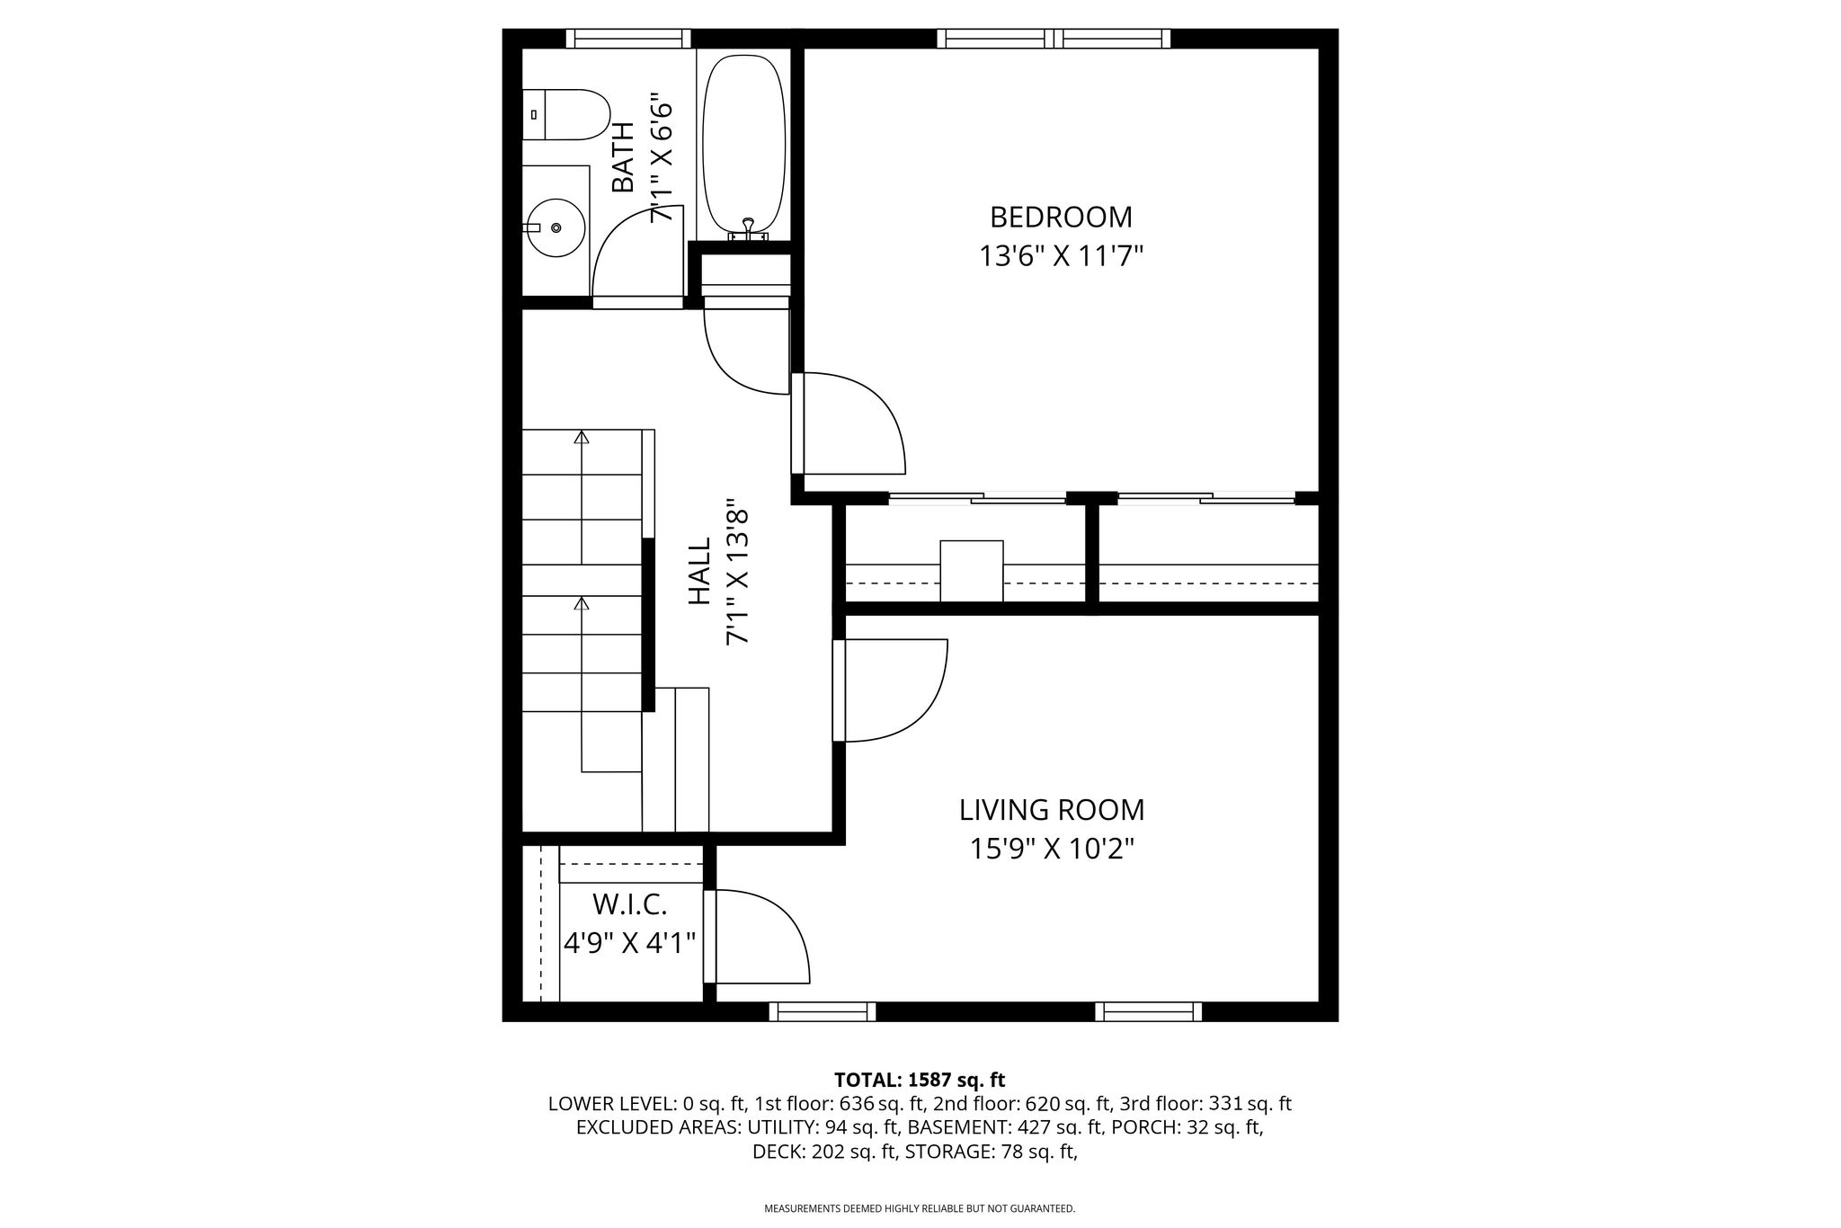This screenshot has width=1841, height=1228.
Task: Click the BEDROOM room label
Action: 1061,218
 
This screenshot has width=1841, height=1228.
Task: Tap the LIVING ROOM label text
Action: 1052,810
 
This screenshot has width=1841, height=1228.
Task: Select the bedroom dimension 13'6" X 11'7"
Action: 1061,257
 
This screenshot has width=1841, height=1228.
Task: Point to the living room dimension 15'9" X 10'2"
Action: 1052,849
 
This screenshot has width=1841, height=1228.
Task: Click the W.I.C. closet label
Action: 629,903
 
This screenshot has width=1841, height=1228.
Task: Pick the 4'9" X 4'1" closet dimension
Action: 630,943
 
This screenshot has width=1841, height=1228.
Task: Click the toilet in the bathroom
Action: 566,114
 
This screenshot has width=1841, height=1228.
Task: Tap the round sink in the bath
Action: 556,227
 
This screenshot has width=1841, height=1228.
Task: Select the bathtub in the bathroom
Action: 744,146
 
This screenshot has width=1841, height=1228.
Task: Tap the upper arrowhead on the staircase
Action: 582,437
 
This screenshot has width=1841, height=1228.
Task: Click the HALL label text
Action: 698,571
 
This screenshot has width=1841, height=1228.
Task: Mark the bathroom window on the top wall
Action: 628,39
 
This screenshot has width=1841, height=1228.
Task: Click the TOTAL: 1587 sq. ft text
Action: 920,1080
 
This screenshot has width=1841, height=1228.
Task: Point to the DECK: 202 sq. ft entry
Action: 824,1152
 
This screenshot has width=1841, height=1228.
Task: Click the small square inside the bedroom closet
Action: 972,571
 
